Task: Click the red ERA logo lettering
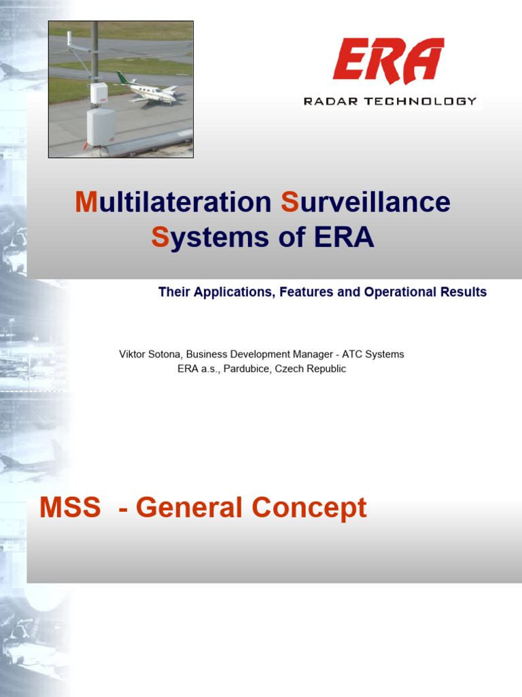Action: pos(388,61)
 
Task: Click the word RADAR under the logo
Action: pos(328,101)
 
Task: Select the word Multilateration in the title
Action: pos(173,202)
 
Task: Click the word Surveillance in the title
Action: pos(365,202)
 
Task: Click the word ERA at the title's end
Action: pos(343,238)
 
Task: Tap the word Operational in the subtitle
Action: pos(398,292)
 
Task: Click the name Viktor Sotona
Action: pos(150,354)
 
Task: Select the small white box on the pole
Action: pos(99,93)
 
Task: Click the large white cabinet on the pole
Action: pos(100,127)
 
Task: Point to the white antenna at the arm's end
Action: pos(69,38)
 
